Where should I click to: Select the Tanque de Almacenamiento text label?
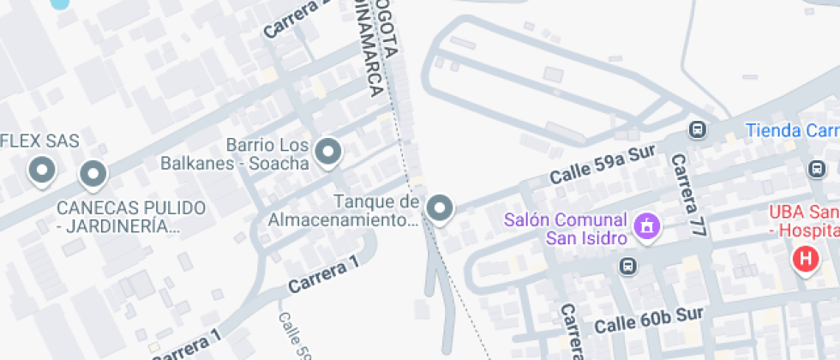[345, 211]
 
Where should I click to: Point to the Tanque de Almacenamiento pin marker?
[441, 207]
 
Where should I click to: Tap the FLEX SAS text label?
[39, 141]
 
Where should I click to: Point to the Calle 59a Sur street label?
[602, 165]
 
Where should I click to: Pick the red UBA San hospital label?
[803, 221]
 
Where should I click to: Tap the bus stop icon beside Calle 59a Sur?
[698, 130]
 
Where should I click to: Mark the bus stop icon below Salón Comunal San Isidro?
[629, 267]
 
